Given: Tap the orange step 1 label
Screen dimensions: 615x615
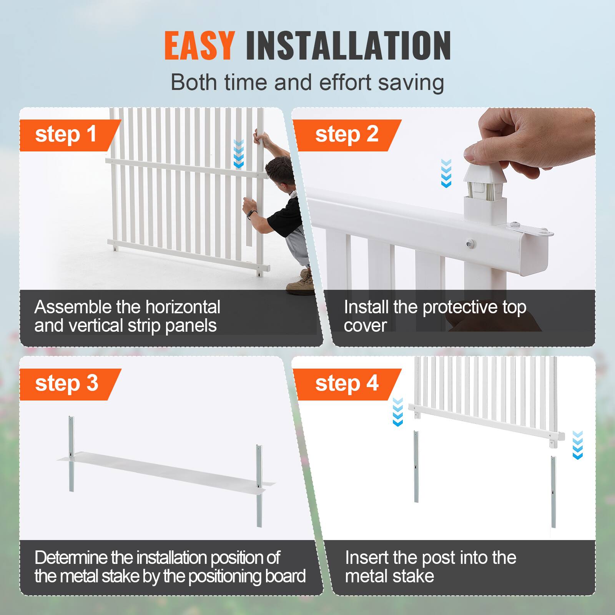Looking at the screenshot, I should (x=66, y=135).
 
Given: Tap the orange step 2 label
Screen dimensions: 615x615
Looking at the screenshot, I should (x=347, y=135).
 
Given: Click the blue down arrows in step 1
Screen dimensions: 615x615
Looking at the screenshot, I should (x=239, y=154).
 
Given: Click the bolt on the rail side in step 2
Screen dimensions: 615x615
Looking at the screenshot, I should (x=469, y=243).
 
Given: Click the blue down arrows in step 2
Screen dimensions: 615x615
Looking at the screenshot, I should (x=446, y=173).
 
